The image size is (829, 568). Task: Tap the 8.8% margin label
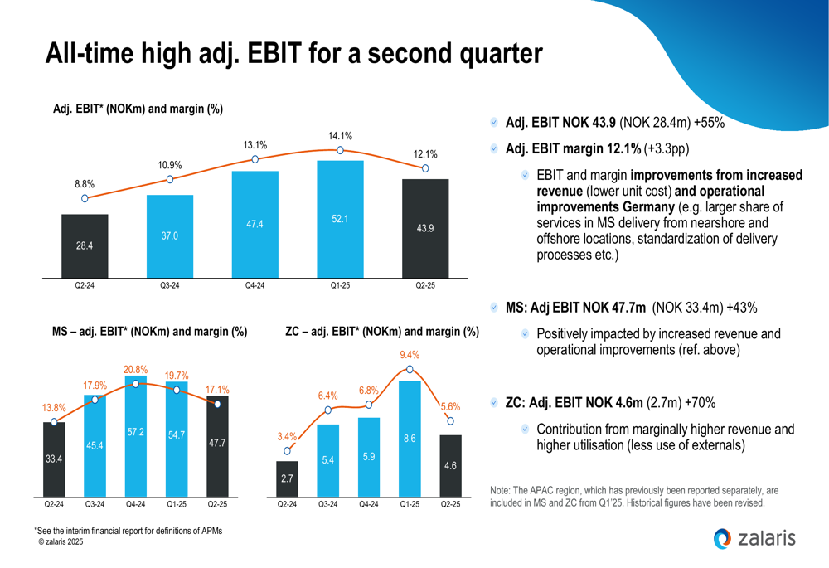(85, 183)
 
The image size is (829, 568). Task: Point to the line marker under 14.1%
(340, 151)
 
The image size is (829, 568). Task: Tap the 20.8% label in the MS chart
(136, 370)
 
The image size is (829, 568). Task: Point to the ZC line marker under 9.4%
(410, 371)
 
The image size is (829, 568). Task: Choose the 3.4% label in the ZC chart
(287, 436)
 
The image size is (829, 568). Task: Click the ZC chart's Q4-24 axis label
(369, 503)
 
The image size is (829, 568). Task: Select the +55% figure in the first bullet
(710, 123)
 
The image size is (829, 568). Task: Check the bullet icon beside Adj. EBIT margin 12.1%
(494, 149)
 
